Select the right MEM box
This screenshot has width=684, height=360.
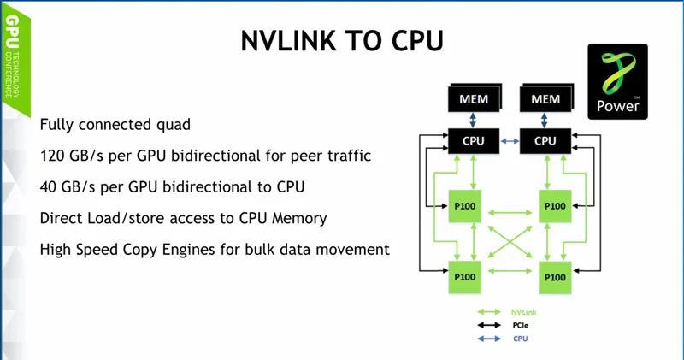coord(545,99)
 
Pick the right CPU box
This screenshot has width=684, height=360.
coord(545,141)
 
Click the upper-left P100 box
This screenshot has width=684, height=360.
coord(467,206)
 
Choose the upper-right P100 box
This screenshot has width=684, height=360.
coord(555,206)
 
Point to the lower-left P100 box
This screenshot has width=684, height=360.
coord(467,277)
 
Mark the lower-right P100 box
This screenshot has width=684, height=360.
coord(555,277)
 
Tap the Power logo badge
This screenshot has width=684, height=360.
coord(617,81)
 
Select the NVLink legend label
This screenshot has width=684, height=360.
coord(524,312)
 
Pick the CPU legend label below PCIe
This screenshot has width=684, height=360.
coord(521,339)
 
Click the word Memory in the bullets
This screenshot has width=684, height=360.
coord(299,218)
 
